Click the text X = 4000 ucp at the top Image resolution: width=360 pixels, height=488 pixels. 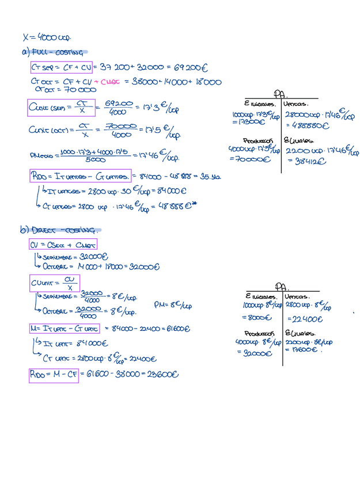[x=47, y=37]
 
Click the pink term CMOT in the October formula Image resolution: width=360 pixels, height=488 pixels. [x=110, y=82]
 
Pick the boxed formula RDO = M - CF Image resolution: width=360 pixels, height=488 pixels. [x=54, y=375]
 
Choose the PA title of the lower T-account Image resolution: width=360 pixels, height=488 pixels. [x=281, y=286]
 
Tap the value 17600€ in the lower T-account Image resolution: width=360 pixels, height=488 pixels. [x=301, y=349]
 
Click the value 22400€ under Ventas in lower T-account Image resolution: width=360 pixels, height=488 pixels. [x=303, y=319]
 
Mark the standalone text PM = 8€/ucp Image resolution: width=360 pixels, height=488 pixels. [x=173, y=304]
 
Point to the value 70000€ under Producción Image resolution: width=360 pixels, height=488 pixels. [x=250, y=159]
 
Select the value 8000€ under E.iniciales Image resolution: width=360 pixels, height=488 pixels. [x=253, y=317]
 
